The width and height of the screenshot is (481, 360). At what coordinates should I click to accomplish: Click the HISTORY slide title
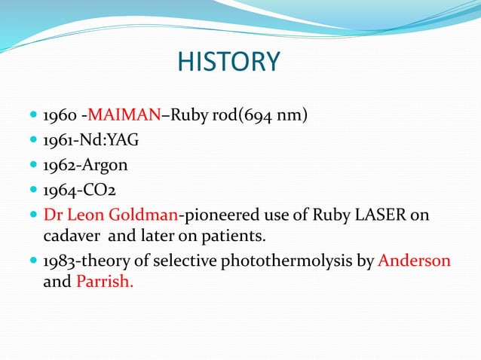coord(228,62)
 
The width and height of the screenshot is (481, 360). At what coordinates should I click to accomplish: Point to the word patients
coord(234,236)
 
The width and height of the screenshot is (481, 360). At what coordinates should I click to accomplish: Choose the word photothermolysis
coord(289,261)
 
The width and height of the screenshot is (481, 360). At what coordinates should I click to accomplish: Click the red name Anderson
coord(414,261)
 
